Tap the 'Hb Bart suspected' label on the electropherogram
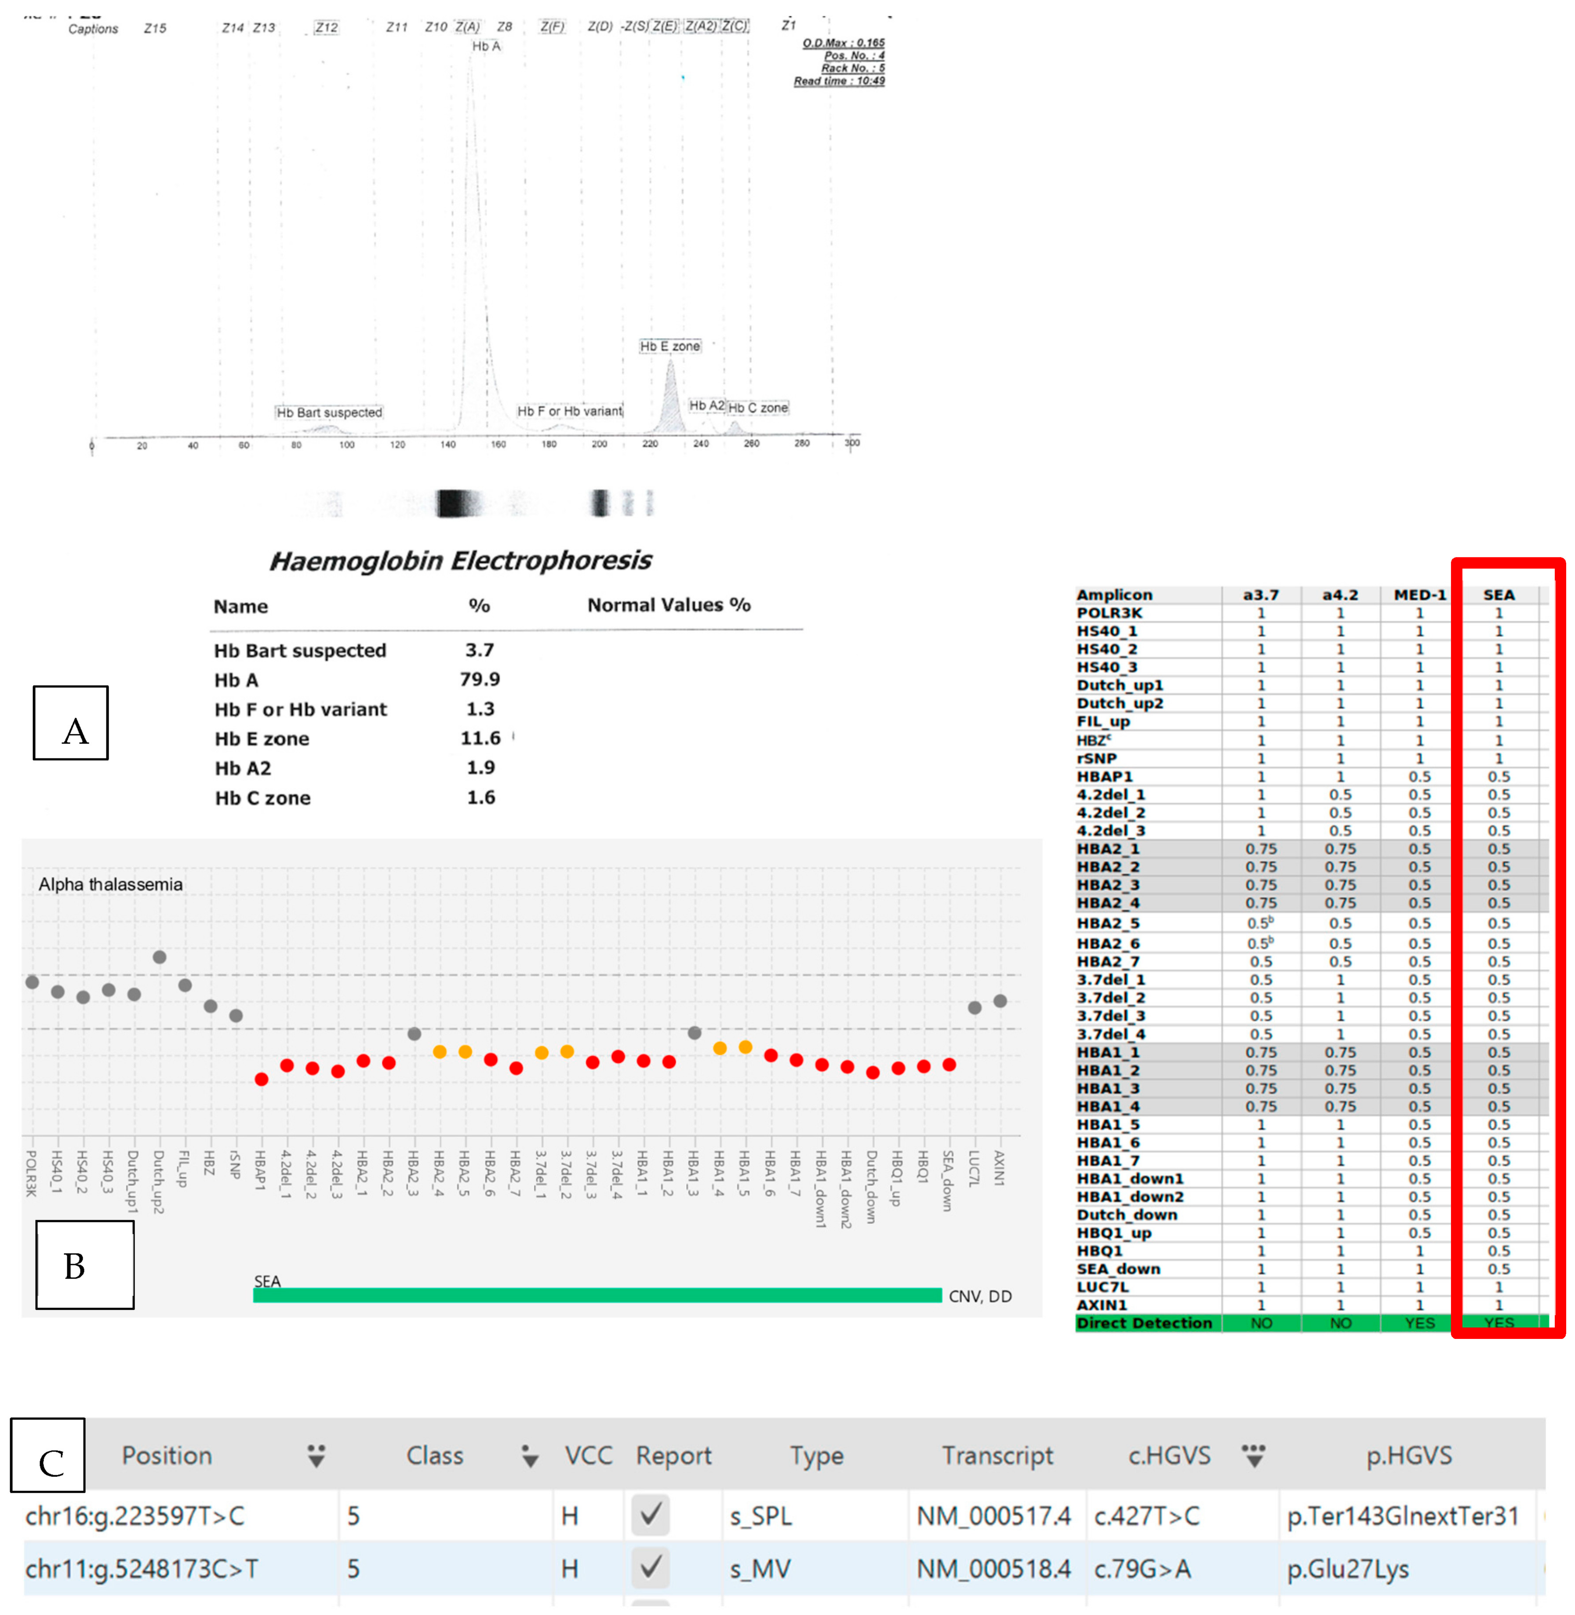coord(329,412)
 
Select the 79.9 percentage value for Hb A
coord(480,679)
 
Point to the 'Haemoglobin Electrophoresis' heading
coord(461,561)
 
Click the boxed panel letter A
coord(71,723)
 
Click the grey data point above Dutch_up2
coord(160,957)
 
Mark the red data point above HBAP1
coord(262,1079)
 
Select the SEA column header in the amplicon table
coord(1498,595)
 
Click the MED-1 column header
coord(1419,595)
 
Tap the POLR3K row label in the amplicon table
coord(1109,613)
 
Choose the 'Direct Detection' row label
coord(1144,1323)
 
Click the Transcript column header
coord(997,1456)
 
